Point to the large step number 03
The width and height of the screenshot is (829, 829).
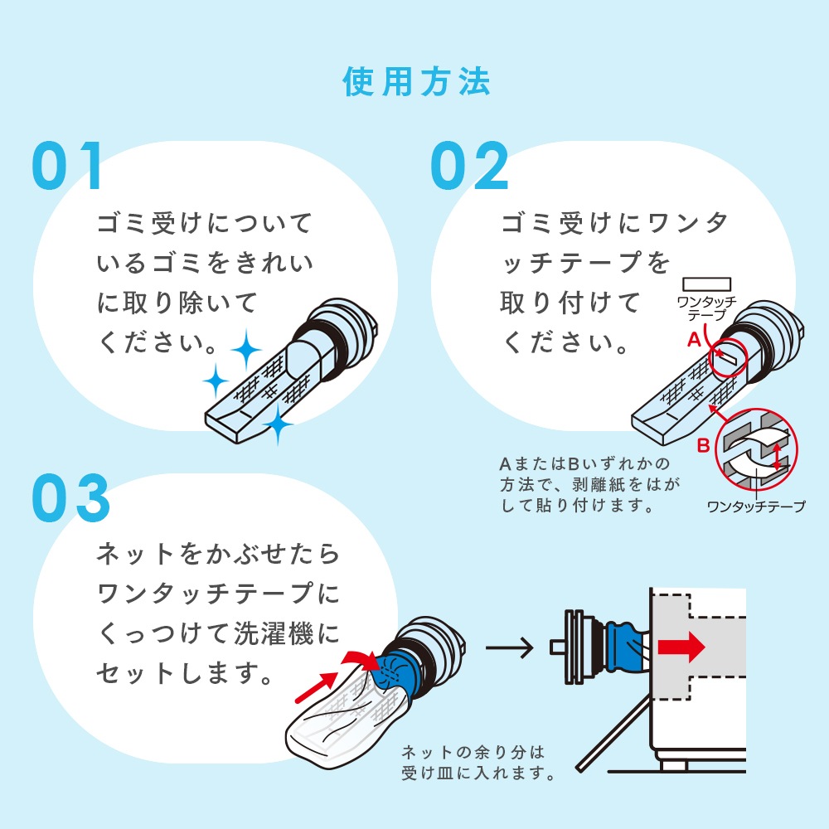pos(71,498)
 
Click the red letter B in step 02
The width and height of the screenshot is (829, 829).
pos(702,447)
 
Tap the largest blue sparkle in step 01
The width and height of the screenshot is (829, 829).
pos(245,352)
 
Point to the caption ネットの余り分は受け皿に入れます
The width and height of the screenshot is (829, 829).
pos(478,764)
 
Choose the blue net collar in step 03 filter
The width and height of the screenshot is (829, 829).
pos(390,672)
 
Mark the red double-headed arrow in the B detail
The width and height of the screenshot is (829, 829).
pos(777,455)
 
